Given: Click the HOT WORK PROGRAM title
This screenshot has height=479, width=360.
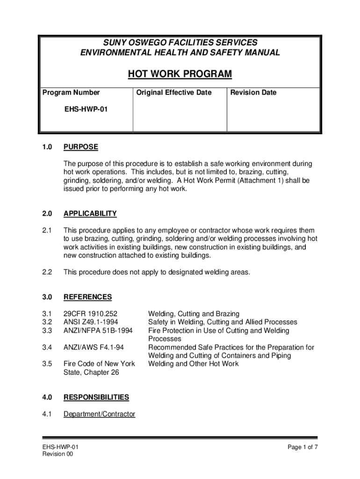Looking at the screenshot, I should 180,74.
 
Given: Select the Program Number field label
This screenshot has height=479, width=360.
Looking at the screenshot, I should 71,93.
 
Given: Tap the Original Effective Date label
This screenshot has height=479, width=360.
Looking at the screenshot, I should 174,93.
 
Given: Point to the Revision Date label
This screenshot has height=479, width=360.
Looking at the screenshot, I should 253,93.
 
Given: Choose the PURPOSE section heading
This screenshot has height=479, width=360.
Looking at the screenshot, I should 81,147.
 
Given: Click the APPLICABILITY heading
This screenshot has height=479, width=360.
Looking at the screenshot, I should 90,214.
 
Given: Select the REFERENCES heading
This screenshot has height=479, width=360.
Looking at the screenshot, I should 87,297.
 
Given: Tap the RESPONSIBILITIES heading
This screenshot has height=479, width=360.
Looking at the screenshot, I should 96,397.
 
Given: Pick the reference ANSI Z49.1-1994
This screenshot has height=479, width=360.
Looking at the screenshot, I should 91,322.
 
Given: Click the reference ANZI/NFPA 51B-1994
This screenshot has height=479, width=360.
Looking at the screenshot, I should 98,331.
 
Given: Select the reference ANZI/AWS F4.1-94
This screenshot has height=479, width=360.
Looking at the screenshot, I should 93,348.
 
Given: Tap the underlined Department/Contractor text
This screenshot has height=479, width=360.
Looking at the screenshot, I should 99,414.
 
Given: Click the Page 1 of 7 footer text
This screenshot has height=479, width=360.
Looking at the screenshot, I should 303,447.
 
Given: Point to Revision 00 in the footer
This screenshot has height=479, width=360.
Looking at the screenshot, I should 58,455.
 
